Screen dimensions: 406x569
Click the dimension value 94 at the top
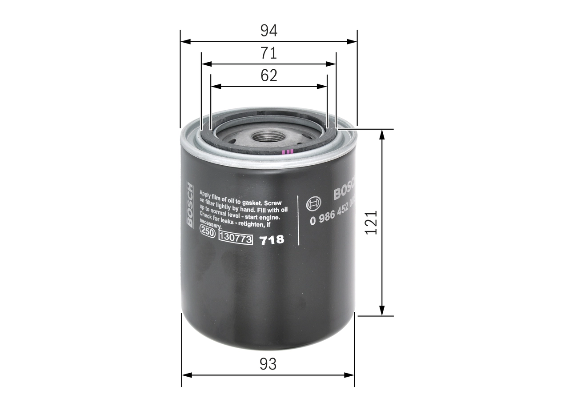pyautogui.click(x=268, y=31)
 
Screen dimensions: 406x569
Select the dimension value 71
pyautogui.click(x=268, y=53)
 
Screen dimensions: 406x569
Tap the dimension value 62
pyautogui.click(x=268, y=76)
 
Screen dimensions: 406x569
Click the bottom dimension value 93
pyautogui.click(x=268, y=364)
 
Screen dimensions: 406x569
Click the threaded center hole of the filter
pyautogui.click(x=267, y=137)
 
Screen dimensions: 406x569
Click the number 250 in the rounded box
pyautogui.click(x=208, y=231)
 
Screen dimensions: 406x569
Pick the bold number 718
pyautogui.click(x=272, y=240)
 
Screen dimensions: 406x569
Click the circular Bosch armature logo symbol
pyautogui.click(x=313, y=204)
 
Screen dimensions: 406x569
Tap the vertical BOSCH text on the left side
pyautogui.click(x=190, y=205)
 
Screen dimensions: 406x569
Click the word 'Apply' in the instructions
pyautogui.click(x=207, y=193)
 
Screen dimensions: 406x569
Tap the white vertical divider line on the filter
pyautogui.click(x=297, y=220)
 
